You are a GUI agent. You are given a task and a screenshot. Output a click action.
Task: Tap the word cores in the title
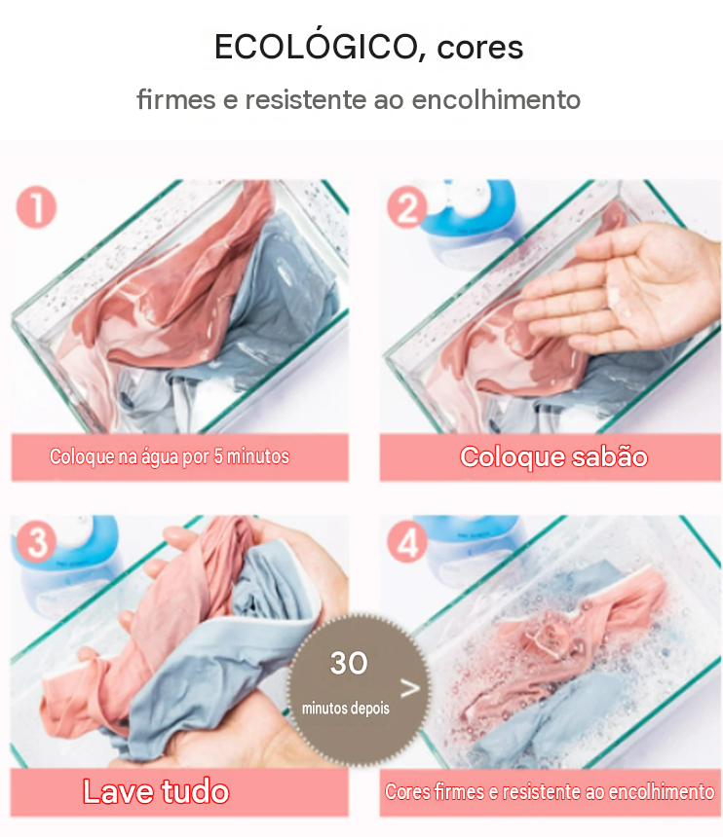pyautogui.click(x=479, y=48)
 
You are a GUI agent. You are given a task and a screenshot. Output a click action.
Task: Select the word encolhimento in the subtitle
pyautogui.click(x=496, y=99)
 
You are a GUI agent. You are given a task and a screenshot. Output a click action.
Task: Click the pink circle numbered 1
pyautogui.click(x=36, y=207)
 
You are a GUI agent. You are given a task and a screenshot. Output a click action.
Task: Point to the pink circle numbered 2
pyautogui.click(x=407, y=207)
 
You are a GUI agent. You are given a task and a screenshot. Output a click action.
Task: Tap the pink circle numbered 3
pyautogui.click(x=36, y=542)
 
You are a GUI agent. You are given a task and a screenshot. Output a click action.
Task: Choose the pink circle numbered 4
pyautogui.click(x=407, y=542)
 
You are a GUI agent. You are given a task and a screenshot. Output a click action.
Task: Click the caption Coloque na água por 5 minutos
pyautogui.click(x=170, y=456)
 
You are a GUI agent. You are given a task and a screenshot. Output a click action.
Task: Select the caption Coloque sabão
pyautogui.click(x=553, y=456)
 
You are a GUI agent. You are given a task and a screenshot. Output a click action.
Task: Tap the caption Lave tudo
pyautogui.click(x=156, y=791)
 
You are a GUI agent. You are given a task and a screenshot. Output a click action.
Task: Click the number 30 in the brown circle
pyautogui.click(x=349, y=663)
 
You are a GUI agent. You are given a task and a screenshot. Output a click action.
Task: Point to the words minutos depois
pyautogui.click(x=346, y=709)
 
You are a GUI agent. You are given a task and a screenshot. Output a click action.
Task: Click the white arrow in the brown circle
pyautogui.click(x=410, y=689)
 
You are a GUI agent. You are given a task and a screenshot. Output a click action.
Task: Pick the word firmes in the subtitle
pyautogui.click(x=175, y=99)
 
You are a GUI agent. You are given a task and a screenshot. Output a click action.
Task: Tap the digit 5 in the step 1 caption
pyautogui.click(x=218, y=456)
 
